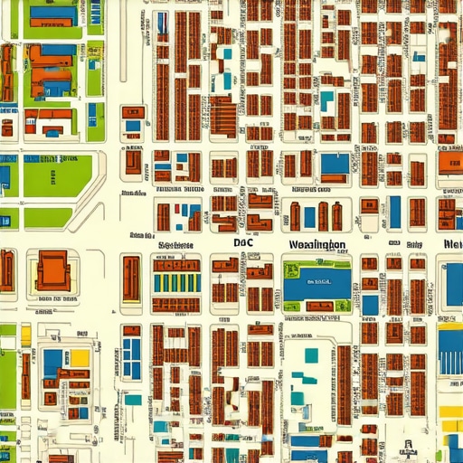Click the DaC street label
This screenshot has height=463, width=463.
pyautogui.click(x=243, y=242)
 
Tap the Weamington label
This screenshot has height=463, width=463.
pyautogui.click(x=317, y=244)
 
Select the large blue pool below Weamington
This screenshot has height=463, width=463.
pyautogui.click(x=316, y=283)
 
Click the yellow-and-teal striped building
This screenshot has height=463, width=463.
pyautogui.click(x=175, y=282)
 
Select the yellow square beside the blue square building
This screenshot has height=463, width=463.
pyautogui.click(x=79, y=358)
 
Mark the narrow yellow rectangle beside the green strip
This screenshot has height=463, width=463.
pyautogui.click(x=26, y=336)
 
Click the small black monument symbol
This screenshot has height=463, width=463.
pyautogui.click(x=410, y=444)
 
